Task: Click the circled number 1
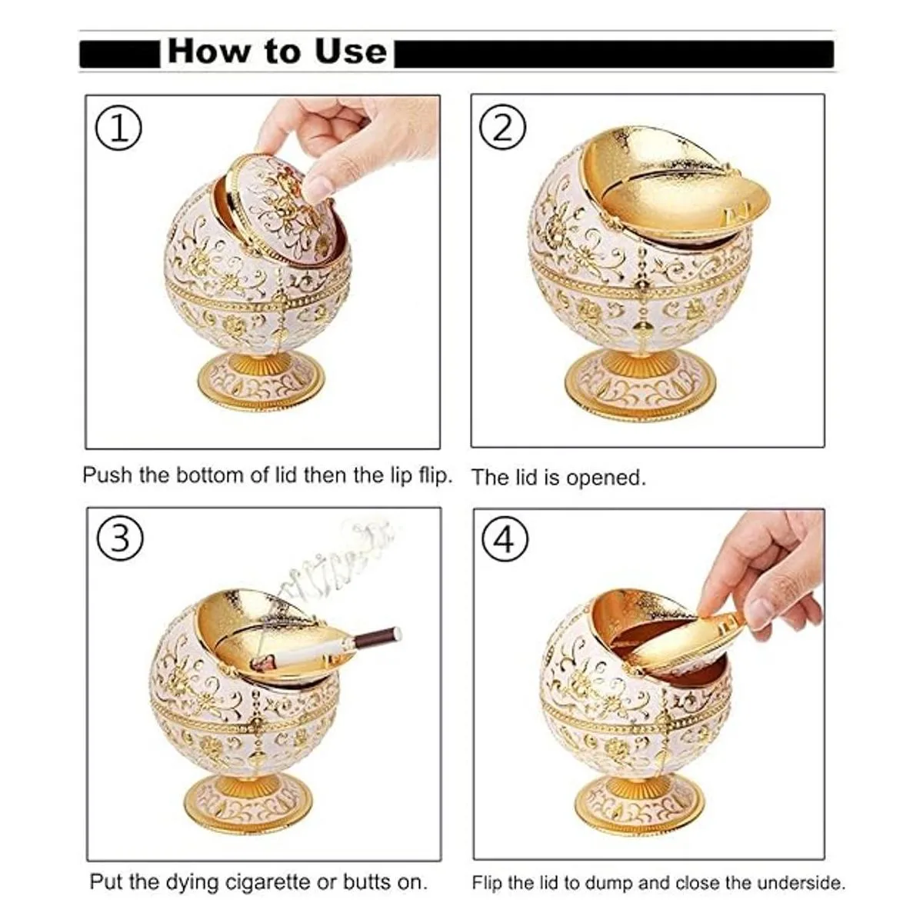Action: click(x=118, y=128)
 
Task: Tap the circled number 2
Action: click(x=502, y=127)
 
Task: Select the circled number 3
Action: click(x=120, y=538)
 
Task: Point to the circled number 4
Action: click(x=505, y=540)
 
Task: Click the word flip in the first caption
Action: click(x=436, y=475)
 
